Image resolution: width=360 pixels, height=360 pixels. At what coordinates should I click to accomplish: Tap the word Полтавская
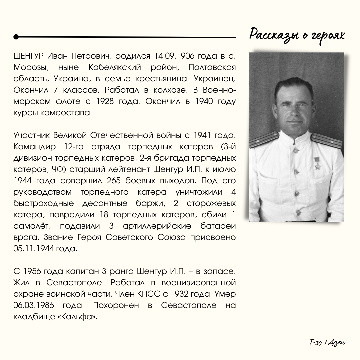tap(212, 67)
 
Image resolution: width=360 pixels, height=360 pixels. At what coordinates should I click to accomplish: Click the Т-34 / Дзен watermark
tap(327, 342)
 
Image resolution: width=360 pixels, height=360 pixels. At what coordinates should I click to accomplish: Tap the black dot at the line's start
tap(16, 37)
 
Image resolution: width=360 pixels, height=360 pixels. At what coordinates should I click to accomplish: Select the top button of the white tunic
tap(295, 150)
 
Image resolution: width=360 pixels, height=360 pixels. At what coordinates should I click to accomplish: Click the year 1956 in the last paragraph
tap(34, 271)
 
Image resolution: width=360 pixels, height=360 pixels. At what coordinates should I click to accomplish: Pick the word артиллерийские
tap(157, 226)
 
